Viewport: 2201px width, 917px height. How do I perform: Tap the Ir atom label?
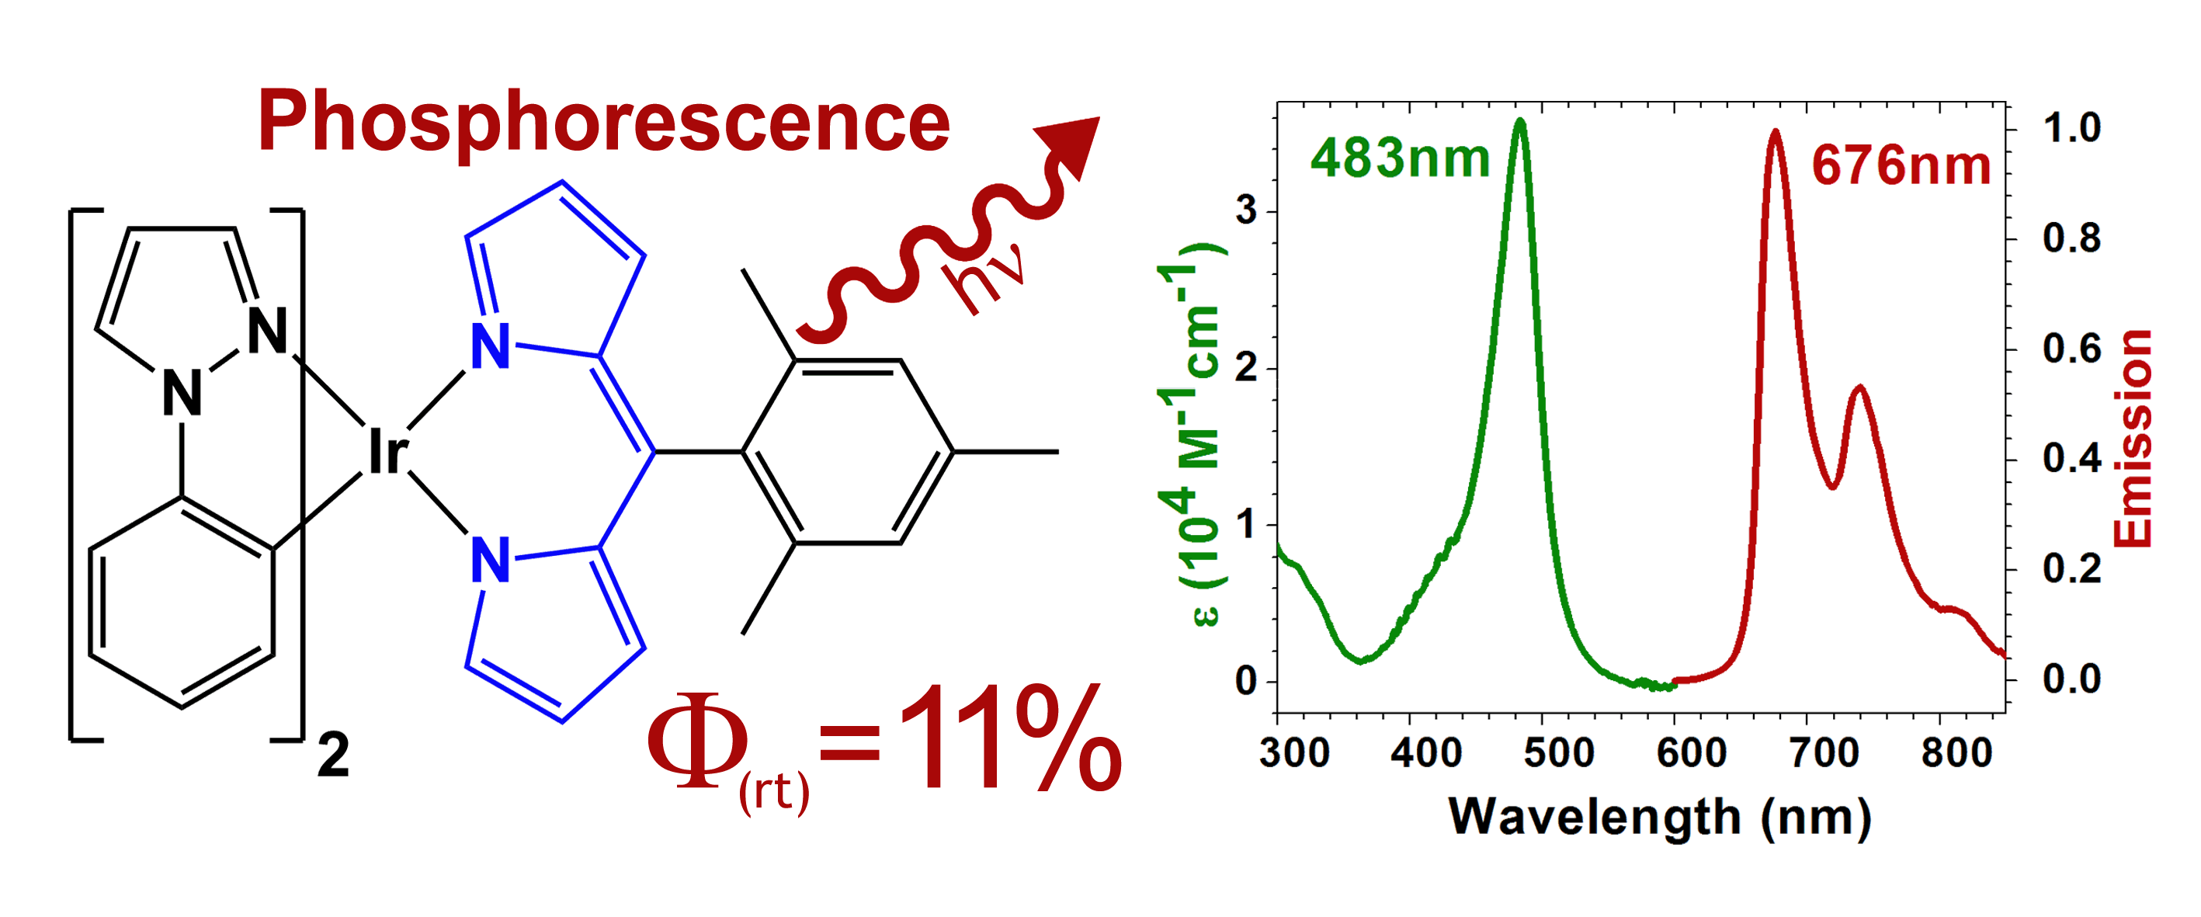387,452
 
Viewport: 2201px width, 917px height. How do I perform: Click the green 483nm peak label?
1400,159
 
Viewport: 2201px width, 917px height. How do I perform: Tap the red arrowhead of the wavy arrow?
1071,145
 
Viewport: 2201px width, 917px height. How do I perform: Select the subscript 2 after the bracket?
333,755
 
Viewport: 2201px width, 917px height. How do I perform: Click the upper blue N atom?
491,347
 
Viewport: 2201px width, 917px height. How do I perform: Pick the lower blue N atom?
491,561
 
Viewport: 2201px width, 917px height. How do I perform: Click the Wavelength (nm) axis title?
1659,817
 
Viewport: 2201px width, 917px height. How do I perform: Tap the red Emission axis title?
2133,439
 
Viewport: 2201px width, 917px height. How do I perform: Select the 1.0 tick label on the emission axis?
2071,128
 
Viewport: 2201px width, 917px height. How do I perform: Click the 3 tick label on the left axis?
1246,210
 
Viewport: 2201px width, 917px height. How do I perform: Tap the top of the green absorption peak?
1519,121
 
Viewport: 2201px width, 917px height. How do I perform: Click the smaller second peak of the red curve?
1859,389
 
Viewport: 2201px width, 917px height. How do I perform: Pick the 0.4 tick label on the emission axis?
2071,459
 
